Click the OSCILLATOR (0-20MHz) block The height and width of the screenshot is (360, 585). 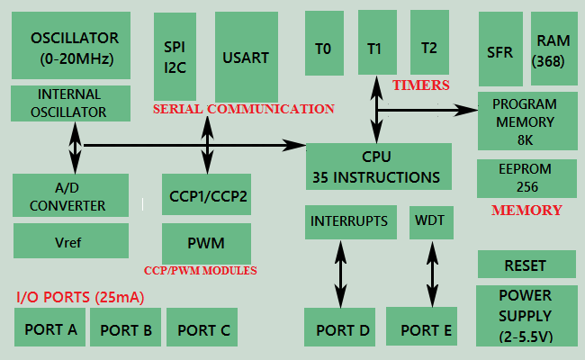75,46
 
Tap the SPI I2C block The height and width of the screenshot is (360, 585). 175,56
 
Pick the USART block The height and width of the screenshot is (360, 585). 246,57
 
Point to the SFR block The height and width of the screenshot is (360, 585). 499,51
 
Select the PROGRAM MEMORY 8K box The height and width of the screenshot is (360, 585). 526,121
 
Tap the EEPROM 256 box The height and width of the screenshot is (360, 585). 526,177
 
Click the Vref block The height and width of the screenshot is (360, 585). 71,241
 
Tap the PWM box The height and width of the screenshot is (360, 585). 206,243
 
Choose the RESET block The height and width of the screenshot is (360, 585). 526,265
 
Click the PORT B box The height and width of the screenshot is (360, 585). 126,329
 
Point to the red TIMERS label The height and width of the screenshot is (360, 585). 421,85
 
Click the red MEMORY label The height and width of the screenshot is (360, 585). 526,211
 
